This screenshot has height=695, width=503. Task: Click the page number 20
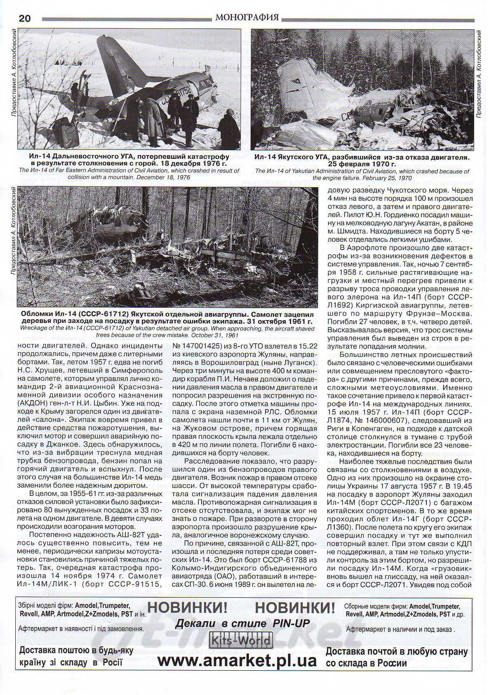pos(25,18)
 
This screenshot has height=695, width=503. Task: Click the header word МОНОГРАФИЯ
pos(247,18)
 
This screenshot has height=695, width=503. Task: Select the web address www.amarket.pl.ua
pos(237,660)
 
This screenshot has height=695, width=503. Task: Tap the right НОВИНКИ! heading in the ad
pos(295,608)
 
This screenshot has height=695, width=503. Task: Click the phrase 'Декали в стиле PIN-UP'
pos(242,623)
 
